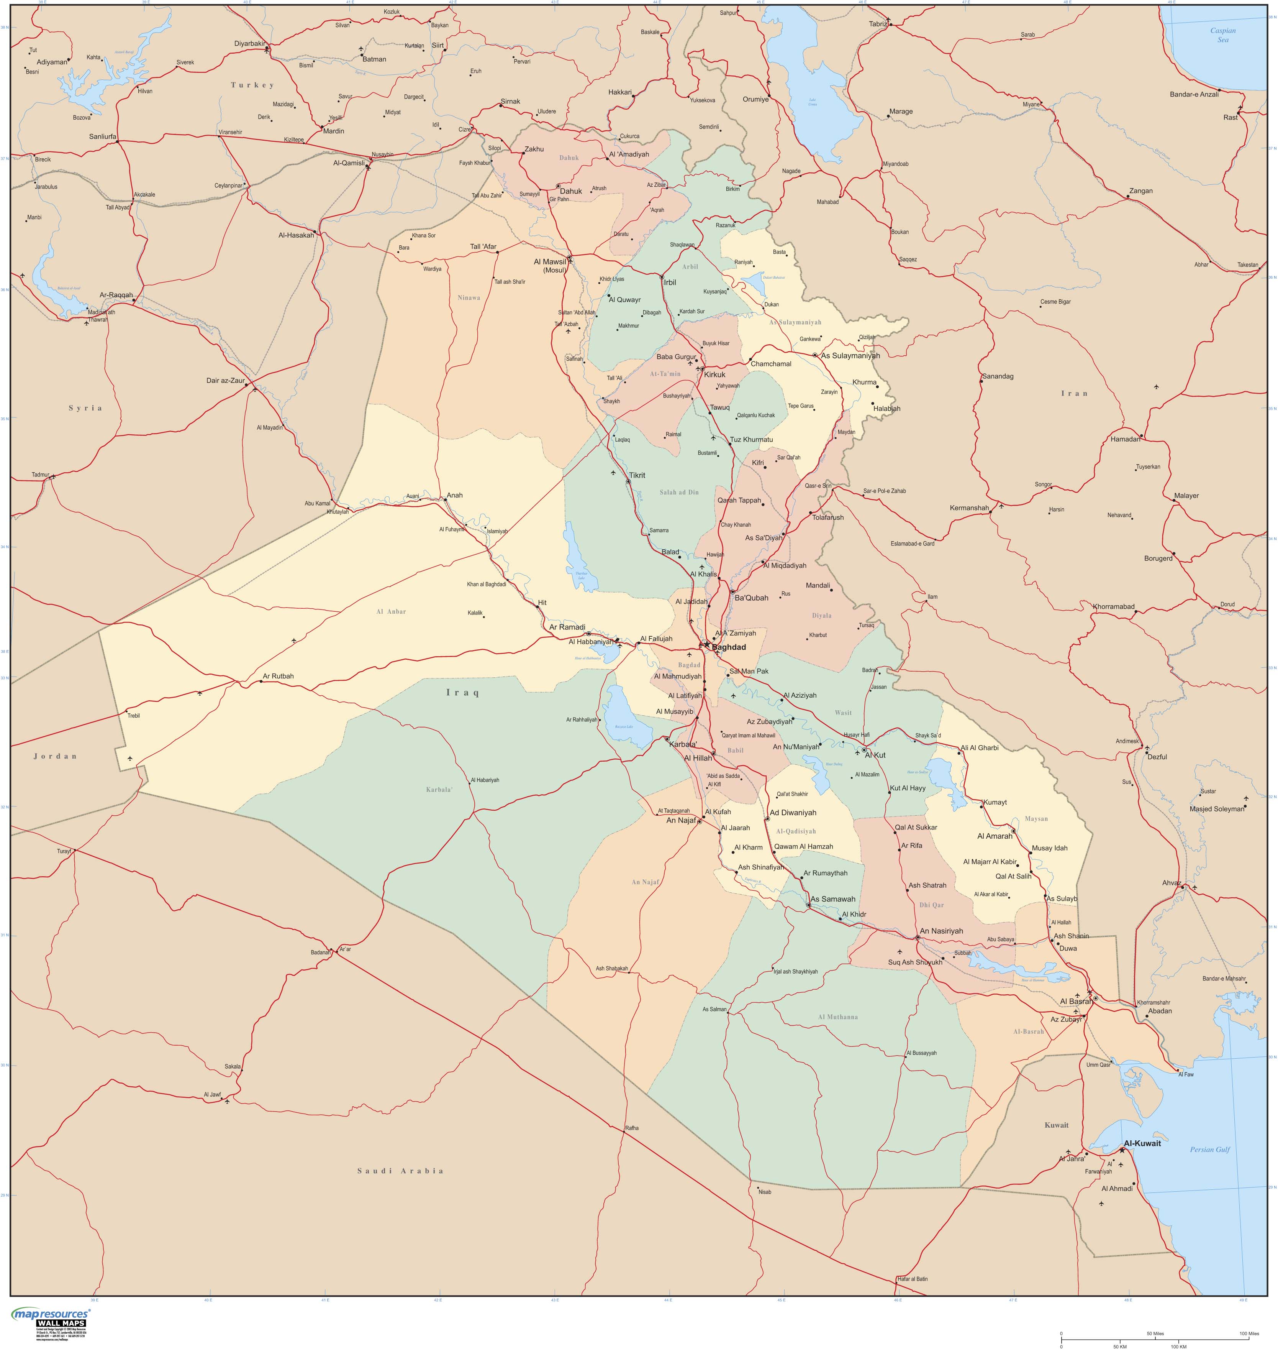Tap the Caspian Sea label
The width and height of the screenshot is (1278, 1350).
pyautogui.click(x=1223, y=35)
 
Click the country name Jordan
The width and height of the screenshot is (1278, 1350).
pyautogui.click(x=55, y=756)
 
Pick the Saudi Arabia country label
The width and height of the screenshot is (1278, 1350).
pyautogui.click(x=401, y=1171)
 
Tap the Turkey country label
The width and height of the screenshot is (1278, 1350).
pyautogui.click(x=252, y=85)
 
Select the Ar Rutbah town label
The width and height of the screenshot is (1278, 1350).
pyautogui.click(x=278, y=676)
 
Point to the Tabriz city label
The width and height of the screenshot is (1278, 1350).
pyautogui.click(x=878, y=24)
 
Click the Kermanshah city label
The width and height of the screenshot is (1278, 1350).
pyautogui.click(x=969, y=508)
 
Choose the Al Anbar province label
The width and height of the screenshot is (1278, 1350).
pyautogui.click(x=391, y=611)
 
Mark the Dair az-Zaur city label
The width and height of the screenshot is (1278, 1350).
pyautogui.click(x=226, y=380)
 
